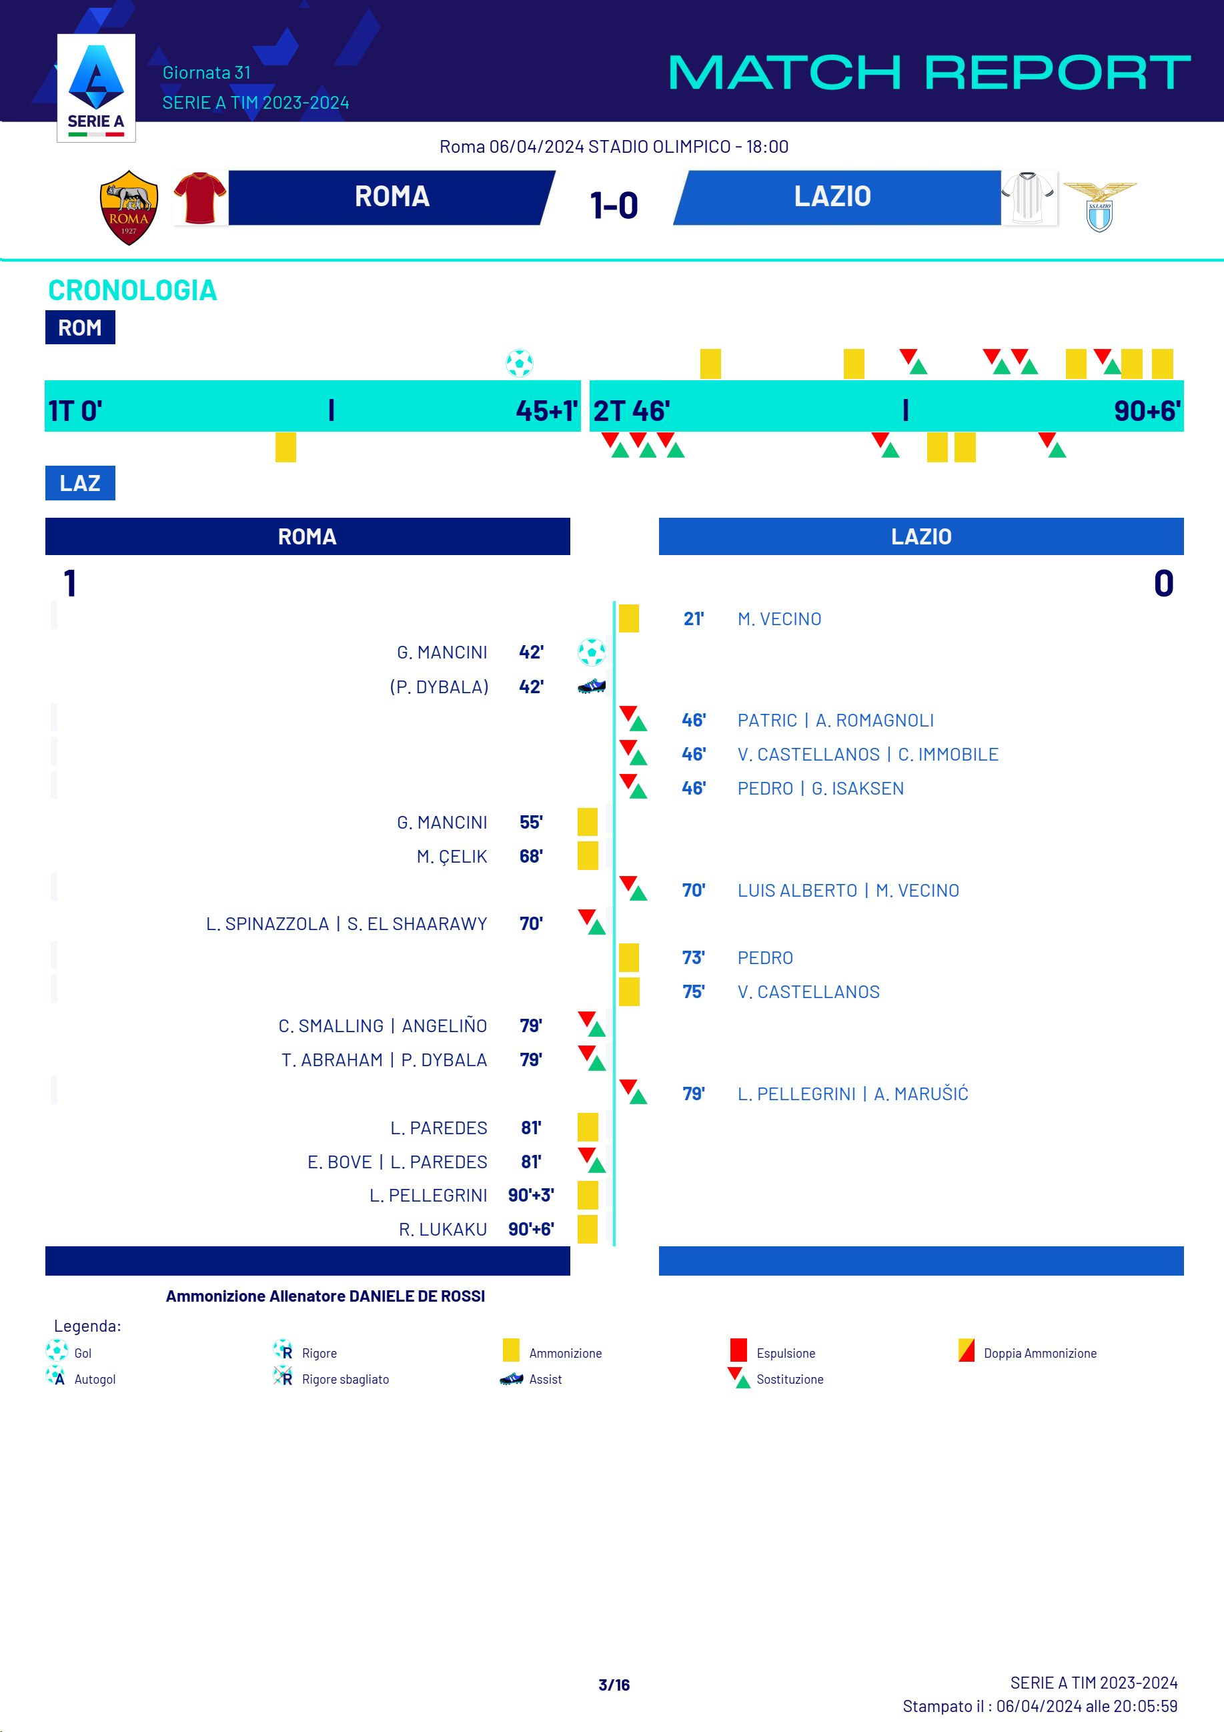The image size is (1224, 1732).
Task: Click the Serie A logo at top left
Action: click(96, 88)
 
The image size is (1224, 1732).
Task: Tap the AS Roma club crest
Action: click(129, 207)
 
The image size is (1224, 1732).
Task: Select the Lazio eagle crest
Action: click(1099, 206)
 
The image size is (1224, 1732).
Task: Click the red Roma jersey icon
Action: click(200, 198)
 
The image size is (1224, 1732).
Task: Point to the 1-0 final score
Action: click(614, 205)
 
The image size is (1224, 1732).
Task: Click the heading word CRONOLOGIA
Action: click(133, 290)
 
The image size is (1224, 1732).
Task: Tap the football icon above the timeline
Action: click(520, 363)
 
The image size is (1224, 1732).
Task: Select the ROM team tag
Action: click(80, 328)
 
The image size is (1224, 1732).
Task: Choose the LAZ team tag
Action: click(80, 483)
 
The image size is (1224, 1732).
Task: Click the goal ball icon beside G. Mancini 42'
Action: click(591, 652)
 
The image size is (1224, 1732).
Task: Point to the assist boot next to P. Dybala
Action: click(591, 687)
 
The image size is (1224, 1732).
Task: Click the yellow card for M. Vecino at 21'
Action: click(629, 618)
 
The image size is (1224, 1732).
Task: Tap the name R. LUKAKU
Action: click(443, 1230)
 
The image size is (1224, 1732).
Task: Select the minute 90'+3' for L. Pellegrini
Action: click(531, 1195)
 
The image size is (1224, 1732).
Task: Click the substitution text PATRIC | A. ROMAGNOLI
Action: click(835, 721)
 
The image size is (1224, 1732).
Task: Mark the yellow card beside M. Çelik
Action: click(588, 856)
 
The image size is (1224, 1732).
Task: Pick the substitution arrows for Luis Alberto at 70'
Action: click(634, 889)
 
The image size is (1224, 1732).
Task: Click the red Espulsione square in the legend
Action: click(738, 1350)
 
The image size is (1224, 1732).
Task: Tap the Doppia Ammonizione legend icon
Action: click(966, 1350)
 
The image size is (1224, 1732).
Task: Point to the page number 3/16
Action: click(614, 1685)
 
